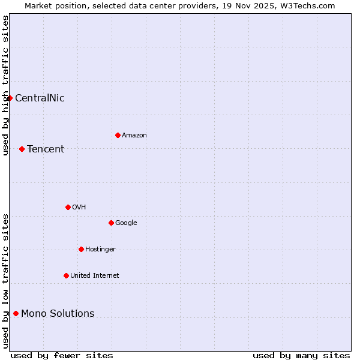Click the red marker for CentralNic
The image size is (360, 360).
pos(10,98)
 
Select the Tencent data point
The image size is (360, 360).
pos(22,149)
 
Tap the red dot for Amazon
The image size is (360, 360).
pos(118,135)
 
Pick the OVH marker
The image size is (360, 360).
pos(68,207)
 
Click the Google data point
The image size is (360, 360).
pos(111,223)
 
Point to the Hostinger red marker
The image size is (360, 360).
pos(81,249)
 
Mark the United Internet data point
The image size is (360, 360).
pos(66,275)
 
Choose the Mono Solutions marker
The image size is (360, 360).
pos(16,313)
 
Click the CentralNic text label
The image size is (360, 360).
pos(40,98)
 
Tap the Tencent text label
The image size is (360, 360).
pos(46,149)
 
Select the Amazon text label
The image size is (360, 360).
pos(134,136)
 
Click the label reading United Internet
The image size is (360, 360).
pos(95,276)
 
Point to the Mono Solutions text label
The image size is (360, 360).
pos(58,314)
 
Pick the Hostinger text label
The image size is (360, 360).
pos(100,250)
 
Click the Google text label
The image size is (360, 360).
pos(126,223)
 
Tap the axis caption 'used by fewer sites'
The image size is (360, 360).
pos(62,355)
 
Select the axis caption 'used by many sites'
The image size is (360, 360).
pos(301,355)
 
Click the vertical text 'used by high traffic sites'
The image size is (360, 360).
pos(5,85)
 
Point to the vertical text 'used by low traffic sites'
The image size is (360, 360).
pos(5,281)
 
